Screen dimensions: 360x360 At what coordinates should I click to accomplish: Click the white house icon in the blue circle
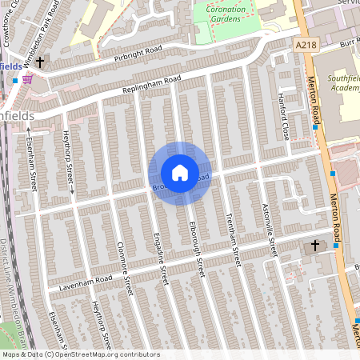(180, 172)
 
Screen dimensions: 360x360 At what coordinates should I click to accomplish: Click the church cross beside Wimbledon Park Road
(40, 60)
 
